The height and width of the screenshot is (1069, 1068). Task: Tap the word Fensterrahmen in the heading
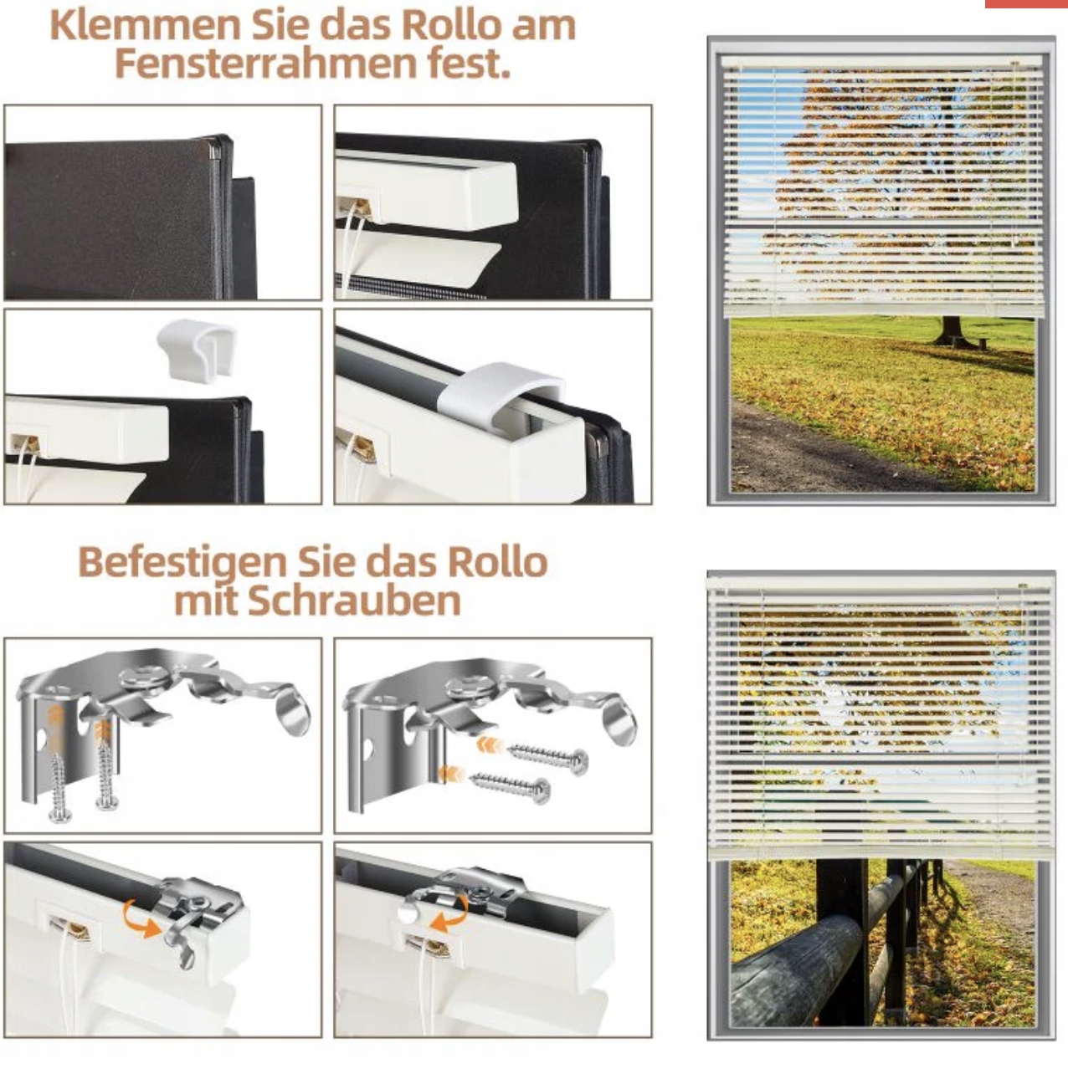[x=264, y=64]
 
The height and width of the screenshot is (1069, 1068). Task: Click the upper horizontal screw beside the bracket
[x=547, y=755]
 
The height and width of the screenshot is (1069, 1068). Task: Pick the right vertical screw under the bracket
[x=105, y=768]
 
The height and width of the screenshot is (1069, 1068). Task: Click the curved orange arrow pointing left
[x=450, y=913]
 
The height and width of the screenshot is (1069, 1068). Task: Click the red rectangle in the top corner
[x=1026, y=3]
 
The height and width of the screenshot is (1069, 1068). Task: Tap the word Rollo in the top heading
[x=454, y=26]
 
